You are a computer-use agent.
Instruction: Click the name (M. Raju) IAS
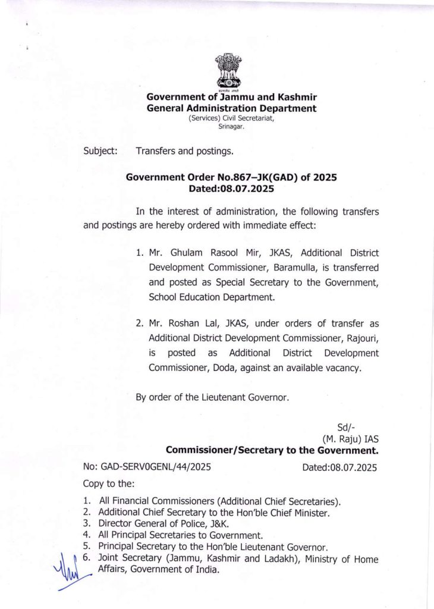[350, 439]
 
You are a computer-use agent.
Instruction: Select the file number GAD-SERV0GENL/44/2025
[147, 467]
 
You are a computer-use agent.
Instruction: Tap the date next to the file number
[339, 467]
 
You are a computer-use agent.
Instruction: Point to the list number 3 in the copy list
[86, 523]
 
